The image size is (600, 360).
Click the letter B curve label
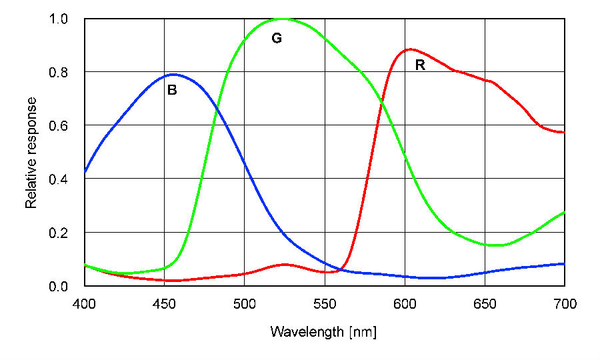point(172,91)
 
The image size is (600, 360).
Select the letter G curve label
point(277,39)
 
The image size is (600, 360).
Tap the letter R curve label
point(420,65)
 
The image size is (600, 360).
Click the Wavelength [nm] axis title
point(323,331)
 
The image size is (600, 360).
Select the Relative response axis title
point(31,153)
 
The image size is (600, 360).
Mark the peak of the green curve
point(284,19)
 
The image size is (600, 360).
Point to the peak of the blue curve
point(173,74)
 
